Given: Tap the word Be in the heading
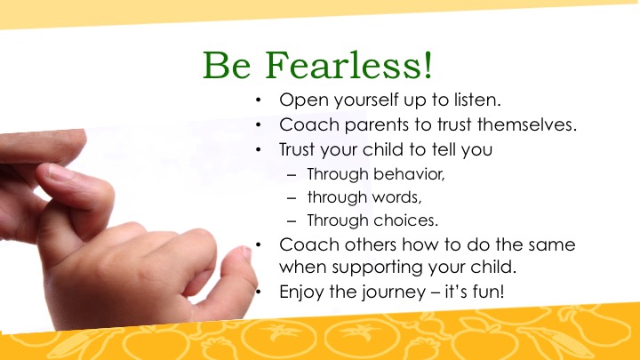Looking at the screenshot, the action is [x=227, y=65].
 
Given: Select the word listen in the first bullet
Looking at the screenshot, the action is [x=477, y=100].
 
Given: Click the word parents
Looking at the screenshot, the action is [x=376, y=125].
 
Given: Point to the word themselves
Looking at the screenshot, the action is [x=527, y=124].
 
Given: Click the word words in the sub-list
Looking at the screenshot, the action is [x=398, y=197].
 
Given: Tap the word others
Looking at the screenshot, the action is [x=370, y=244].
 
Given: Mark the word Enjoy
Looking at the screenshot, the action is [x=301, y=292].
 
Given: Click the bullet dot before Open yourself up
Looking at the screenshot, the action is [x=258, y=100].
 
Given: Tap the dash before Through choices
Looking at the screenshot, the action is [x=292, y=221].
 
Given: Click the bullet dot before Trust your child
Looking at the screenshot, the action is [x=258, y=150].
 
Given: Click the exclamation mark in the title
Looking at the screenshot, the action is [x=428, y=65].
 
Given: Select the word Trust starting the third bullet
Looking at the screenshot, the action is [x=297, y=149].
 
